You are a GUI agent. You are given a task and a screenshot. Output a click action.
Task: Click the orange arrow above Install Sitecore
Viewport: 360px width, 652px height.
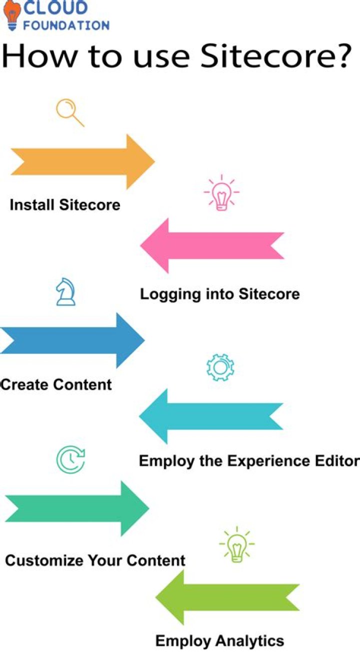click(x=83, y=161)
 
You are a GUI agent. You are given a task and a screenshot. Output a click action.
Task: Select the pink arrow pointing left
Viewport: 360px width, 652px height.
click(x=212, y=246)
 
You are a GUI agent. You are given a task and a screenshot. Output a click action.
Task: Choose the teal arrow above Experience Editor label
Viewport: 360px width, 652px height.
click(x=211, y=416)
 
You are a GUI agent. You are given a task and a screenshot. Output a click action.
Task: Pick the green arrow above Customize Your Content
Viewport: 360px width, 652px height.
click(x=77, y=508)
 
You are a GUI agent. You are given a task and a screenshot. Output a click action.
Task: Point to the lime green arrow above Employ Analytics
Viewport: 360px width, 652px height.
click(x=227, y=597)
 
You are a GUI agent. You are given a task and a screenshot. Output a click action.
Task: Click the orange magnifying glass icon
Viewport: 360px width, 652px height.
click(x=70, y=112)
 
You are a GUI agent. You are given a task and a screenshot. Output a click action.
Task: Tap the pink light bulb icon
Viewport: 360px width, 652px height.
click(x=221, y=193)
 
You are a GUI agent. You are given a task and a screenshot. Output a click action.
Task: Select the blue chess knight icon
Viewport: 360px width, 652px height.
click(x=65, y=292)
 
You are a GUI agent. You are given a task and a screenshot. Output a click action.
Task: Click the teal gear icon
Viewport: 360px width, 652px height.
click(x=220, y=367)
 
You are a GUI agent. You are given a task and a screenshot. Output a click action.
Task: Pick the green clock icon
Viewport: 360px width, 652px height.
click(x=70, y=460)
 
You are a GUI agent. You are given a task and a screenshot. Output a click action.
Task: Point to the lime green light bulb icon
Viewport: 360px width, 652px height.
click(x=237, y=544)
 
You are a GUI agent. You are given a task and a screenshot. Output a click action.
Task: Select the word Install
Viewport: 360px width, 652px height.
click(x=32, y=205)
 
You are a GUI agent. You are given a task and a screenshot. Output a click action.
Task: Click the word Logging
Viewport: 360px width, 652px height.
click(x=170, y=295)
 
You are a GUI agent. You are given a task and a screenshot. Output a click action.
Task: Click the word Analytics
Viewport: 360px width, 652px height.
click(x=250, y=641)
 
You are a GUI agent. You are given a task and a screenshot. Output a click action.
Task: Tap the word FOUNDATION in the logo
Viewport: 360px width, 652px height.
click(x=66, y=25)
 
